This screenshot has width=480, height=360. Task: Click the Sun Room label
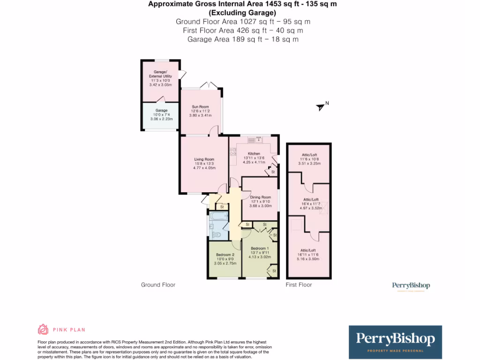click(201, 107)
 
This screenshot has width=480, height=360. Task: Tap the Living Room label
click(204, 159)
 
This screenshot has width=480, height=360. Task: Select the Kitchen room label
click(254, 154)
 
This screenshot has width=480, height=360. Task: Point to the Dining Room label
click(261, 197)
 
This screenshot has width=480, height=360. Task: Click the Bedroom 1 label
click(260, 248)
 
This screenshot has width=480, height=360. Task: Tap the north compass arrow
click(321, 107)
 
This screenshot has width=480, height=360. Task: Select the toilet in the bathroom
click(217, 234)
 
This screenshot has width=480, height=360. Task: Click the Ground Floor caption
click(158, 285)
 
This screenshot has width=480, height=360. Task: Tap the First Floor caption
click(299, 285)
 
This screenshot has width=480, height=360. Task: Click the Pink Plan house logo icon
click(43, 330)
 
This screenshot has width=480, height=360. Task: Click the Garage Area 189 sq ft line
click(243, 39)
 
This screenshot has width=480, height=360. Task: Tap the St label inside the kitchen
click(273, 172)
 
